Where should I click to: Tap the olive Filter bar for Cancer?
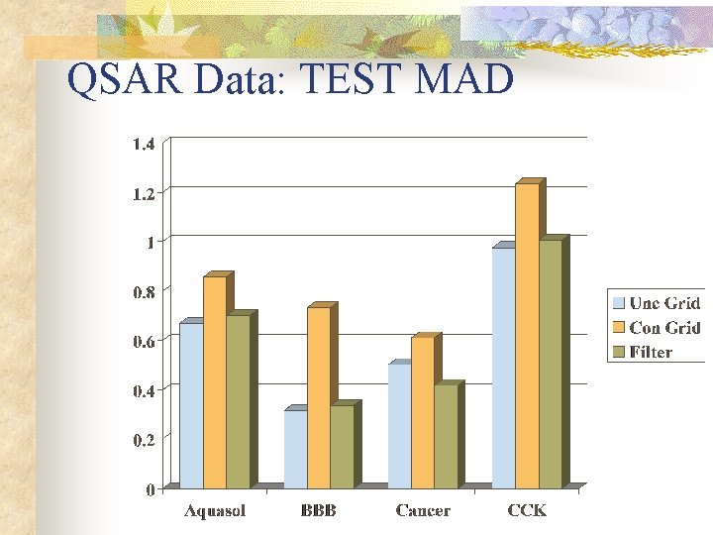(x=445, y=435)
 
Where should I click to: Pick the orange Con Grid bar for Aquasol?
(x=214, y=381)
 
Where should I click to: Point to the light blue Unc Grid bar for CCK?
(x=503, y=367)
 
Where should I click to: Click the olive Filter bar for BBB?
(x=341, y=446)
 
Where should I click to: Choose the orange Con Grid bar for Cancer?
(x=422, y=411)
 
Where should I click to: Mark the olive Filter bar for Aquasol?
(x=238, y=401)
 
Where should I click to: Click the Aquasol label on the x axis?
(x=215, y=511)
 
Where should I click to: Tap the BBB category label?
(x=318, y=511)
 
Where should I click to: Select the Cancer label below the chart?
(x=423, y=511)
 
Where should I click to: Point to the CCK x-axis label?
(x=527, y=511)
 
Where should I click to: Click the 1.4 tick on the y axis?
(x=144, y=145)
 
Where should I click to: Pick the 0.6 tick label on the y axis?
(x=144, y=342)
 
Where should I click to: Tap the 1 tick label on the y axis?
(x=150, y=243)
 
